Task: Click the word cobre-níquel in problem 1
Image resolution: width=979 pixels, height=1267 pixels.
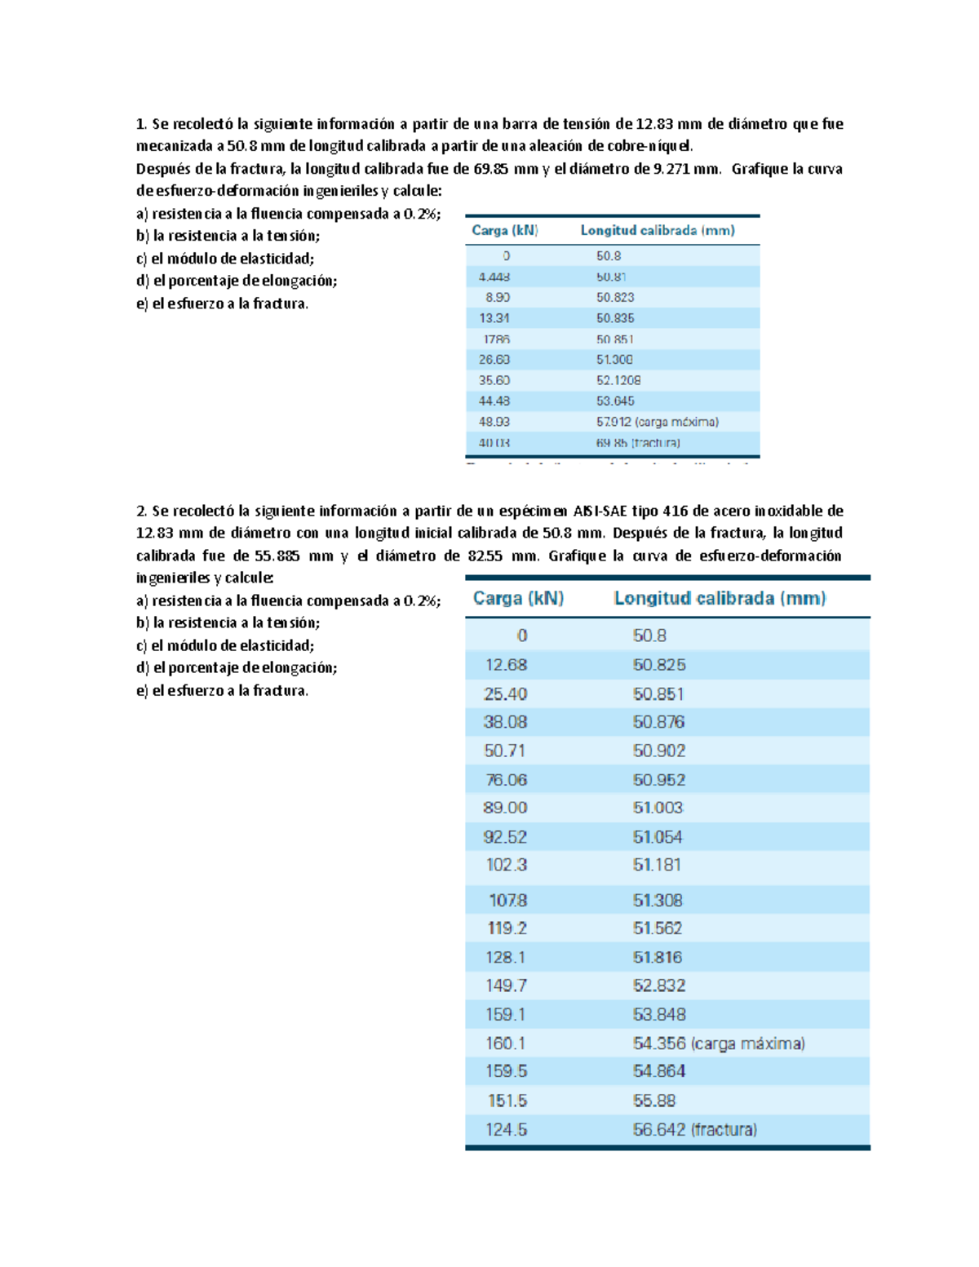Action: (x=649, y=146)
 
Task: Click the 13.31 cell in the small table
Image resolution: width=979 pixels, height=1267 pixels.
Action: (x=494, y=318)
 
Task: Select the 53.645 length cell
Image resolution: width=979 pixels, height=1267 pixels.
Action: (x=615, y=401)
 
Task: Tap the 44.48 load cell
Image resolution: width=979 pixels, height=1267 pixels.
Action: (x=494, y=401)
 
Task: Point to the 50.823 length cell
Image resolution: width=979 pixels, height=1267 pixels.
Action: (x=615, y=298)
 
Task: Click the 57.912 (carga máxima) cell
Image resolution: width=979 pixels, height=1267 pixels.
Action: (x=657, y=422)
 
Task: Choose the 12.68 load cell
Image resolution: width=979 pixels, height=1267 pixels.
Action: (x=506, y=665)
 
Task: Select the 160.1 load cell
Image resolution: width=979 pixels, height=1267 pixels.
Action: (x=506, y=1043)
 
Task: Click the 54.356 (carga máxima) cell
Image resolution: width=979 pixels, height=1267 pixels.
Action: (x=719, y=1043)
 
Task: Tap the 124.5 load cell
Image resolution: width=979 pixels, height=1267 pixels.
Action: (x=507, y=1130)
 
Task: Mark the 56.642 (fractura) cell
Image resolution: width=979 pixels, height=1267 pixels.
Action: (x=694, y=1130)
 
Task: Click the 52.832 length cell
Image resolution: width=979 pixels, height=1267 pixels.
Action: (x=659, y=986)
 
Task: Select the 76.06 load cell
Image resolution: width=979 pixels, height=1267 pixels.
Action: (x=506, y=780)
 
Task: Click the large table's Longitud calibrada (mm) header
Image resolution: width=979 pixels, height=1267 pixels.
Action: (x=720, y=598)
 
